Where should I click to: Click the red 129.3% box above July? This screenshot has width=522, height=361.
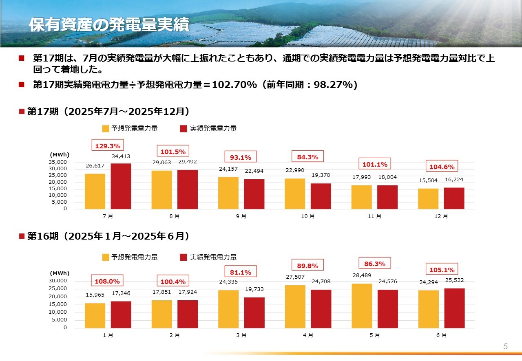(108, 145)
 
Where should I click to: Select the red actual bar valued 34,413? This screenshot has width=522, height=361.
(121, 186)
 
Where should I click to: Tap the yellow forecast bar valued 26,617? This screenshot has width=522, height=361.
(95, 191)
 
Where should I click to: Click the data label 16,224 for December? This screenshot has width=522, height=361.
(454, 179)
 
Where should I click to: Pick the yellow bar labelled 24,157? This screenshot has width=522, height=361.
(228, 193)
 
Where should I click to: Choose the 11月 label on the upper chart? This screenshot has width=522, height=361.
(374, 216)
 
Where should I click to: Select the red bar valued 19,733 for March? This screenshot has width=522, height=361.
(254, 313)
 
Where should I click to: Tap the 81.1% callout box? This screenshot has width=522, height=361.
(241, 272)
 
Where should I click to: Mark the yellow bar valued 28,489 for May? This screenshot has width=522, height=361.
(362, 306)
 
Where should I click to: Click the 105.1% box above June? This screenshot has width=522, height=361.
(442, 269)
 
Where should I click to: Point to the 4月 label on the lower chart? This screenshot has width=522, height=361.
(307, 335)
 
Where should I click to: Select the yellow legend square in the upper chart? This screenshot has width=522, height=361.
(106, 128)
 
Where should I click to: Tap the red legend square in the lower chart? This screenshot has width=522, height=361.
(184, 257)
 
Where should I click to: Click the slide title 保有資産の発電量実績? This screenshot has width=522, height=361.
(109, 25)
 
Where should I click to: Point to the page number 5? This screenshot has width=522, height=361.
(505, 347)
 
